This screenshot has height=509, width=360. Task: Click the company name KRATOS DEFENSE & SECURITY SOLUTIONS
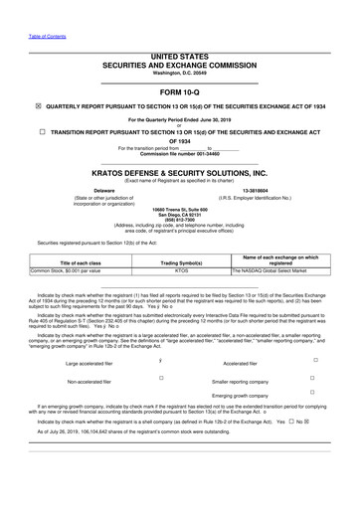(x=180, y=173)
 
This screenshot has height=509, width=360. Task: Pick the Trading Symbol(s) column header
(x=181, y=261)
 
